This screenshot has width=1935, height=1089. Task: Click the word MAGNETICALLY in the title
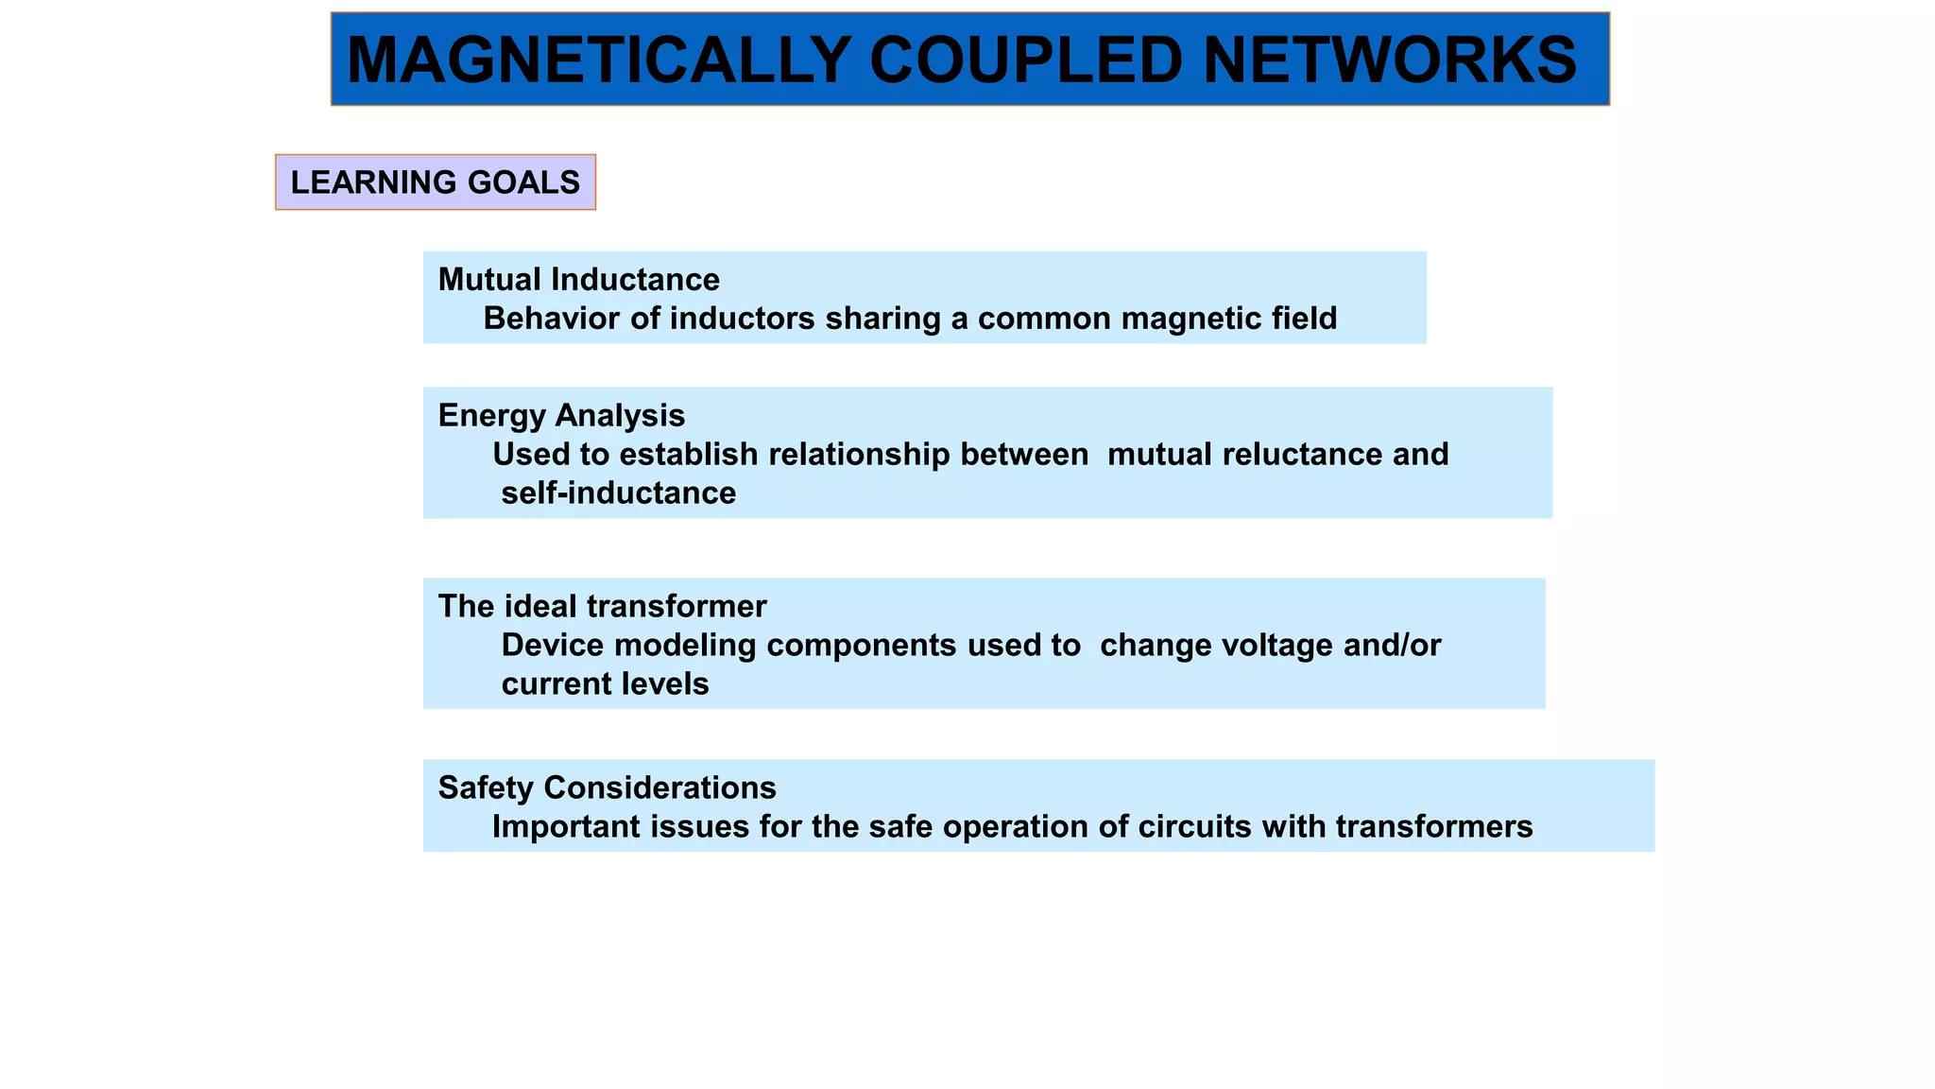[x=599, y=60]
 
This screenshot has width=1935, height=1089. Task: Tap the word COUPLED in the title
[x=1025, y=60]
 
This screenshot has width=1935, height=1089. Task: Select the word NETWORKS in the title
[x=1390, y=60]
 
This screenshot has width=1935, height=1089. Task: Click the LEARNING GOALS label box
[x=436, y=182]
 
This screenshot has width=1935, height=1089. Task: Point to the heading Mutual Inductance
[x=578, y=280]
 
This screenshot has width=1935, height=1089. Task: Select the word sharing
[x=882, y=319]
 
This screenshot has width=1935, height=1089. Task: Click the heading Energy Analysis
[x=561, y=416]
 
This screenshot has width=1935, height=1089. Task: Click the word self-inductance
[x=618, y=493]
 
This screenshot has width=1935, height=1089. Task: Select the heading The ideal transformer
[x=602, y=606]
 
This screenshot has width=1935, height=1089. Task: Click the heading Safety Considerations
[x=607, y=787]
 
